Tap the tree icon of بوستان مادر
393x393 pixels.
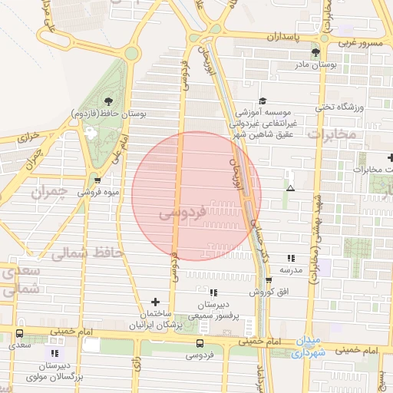pyautogui.click(x=315, y=52)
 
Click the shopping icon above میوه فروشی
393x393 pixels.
pyautogui.click(x=97, y=180)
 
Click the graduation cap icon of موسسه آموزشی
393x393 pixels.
pyautogui.click(x=262, y=101)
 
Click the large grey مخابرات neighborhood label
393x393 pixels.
pyautogui.click(x=332, y=134)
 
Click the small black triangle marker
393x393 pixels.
pyautogui.click(x=290, y=188)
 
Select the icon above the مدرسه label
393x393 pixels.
pyautogui.click(x=290, y=259)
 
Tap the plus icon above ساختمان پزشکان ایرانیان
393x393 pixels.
pyautogui.click(x=156, y=302)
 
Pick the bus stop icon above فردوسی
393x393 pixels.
pyautogui.click(x=200, y=342)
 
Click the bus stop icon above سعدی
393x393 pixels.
pyautogui.click(x=19, y=334)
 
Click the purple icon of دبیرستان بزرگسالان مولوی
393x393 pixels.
pyautogui.click(x=54, y=353)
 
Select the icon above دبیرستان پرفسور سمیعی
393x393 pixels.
pyautogui.click(x=213, y=292)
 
